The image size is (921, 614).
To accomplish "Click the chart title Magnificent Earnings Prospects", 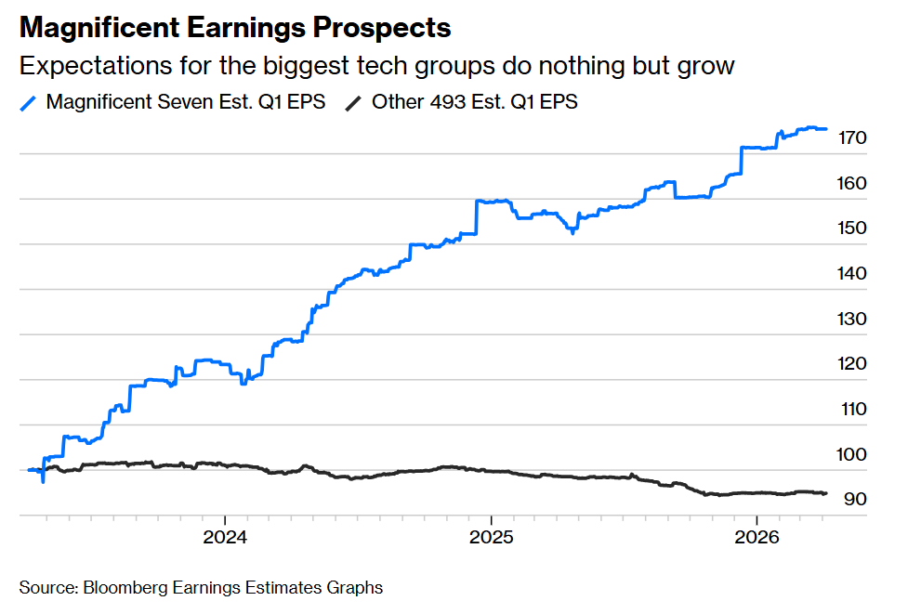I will tap(235, 28).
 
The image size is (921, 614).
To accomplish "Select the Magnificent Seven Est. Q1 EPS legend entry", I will tap(185, 102).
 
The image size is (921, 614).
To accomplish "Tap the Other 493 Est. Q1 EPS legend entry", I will tap(474, 102).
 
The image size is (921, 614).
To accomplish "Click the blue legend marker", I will tap(29, 102).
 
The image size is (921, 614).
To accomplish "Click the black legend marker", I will tap(354, 102).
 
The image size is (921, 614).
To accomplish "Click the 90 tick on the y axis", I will tap(855, 500).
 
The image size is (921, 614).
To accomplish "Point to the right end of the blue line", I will tap(826, 129).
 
